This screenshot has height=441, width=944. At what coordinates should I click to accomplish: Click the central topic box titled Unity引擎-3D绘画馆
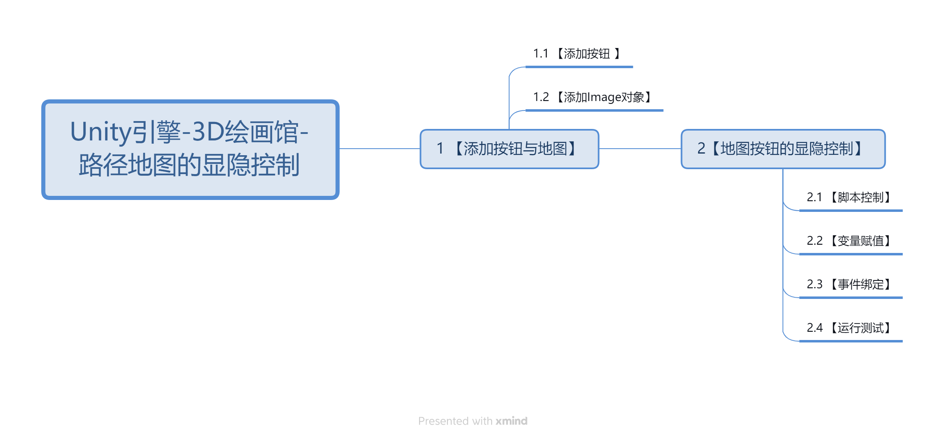click(190, 149)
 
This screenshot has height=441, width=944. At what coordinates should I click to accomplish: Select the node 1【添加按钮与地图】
click(509, 149)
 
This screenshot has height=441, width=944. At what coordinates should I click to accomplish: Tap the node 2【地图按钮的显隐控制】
click(783, 149)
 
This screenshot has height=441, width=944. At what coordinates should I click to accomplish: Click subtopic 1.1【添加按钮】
click(577, 54)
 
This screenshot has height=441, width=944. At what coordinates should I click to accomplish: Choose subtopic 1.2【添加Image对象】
click(592, 97)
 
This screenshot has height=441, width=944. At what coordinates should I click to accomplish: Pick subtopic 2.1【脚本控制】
click(848, 198)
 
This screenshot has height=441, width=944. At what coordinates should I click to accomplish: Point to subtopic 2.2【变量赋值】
click(848, 241)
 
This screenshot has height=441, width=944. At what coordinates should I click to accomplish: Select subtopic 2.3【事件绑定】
click(848, 285)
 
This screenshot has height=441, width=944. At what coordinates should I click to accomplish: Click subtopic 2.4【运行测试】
click(848, 328)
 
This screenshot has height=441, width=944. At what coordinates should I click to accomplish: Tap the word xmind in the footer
click(511, 421)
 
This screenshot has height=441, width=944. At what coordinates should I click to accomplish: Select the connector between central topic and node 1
click(380, 149)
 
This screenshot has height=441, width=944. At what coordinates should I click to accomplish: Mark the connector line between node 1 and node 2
click(640, 149)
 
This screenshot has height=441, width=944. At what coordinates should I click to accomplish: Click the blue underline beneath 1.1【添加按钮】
click(579, 67)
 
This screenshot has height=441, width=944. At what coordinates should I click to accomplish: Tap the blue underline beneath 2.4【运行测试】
click(851, 341)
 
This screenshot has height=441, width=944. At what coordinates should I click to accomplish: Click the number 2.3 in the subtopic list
click(815, 285)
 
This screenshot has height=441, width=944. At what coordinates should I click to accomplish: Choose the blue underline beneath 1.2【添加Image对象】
click(594, 110)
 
